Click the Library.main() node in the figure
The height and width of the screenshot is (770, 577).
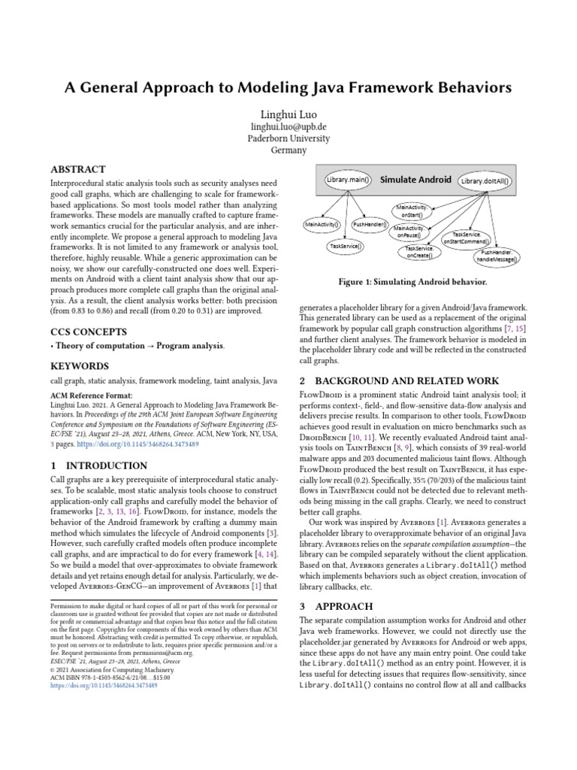[x=348, y=180]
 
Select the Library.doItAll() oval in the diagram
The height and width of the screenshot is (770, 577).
[x=485, y=181]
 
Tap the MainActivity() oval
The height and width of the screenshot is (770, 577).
[x=322, y=224]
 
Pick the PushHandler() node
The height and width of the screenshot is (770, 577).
[x=370, y=224]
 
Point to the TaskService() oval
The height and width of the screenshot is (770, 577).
[x=346, y=245]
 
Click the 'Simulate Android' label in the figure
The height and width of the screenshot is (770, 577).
[x=415, y=180]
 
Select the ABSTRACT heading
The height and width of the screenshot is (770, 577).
[x=77, y=170]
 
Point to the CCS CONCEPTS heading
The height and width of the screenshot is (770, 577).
[x=88, y=332]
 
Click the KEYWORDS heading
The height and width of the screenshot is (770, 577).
[x=80, y=366]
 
